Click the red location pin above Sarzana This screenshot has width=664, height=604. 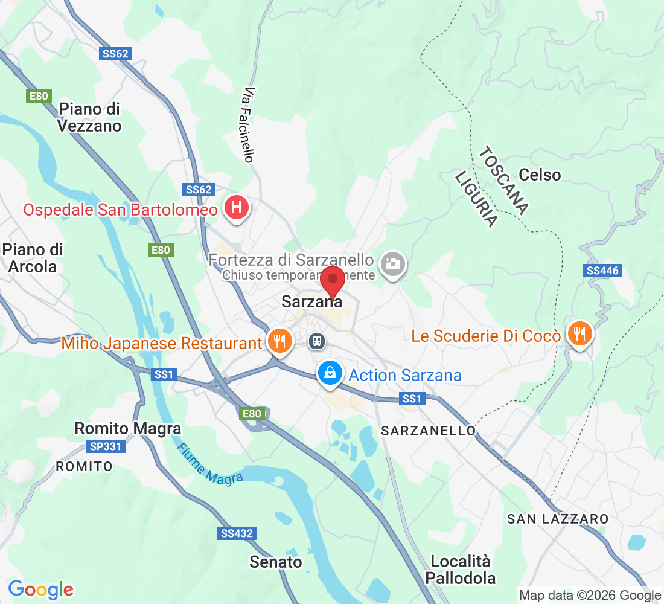pos(332,282)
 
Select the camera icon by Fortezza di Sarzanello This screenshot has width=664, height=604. pos(393,264)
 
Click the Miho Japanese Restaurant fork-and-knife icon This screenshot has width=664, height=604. pos(279,340)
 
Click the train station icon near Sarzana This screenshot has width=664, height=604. pos(317,341)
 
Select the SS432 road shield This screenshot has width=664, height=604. pos(236,534)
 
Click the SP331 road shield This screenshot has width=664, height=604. pos(106,447)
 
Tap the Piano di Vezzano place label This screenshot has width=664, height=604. pos(90,117)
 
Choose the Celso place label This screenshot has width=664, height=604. pos(540,175)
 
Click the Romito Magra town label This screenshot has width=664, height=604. pos(127,429)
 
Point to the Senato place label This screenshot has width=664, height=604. pos(276,562)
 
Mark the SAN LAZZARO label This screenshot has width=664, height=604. pos(558,519)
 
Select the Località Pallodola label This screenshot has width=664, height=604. pos(461,570)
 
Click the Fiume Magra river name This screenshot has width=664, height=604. pos(210,464)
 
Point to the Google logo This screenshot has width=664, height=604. pos(41,590)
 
